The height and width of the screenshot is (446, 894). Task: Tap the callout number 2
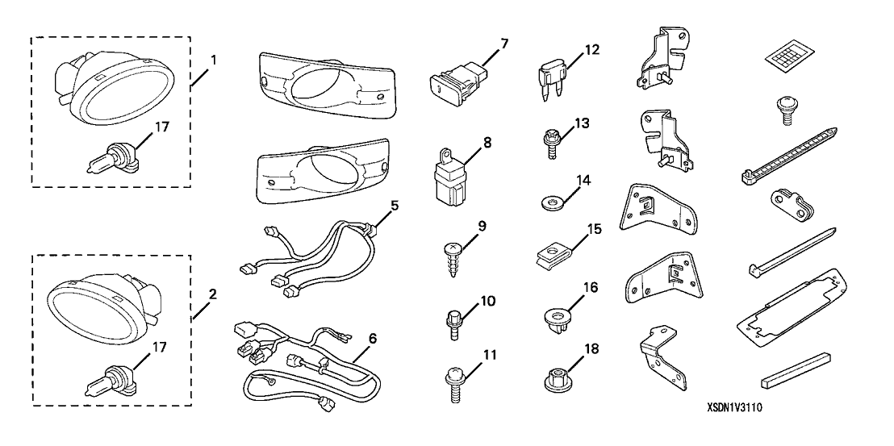[x=212, y=294]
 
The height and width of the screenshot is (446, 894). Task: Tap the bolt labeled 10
[x=454, y=323]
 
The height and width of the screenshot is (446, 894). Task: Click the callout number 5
[x=394, y=205]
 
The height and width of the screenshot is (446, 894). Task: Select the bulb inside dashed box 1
[x=111, y=157]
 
